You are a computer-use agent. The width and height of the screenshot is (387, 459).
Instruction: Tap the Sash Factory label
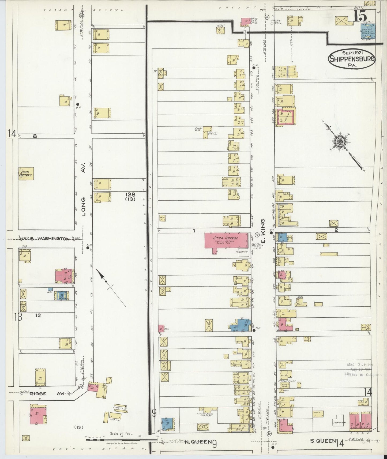(x=26, y=174)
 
